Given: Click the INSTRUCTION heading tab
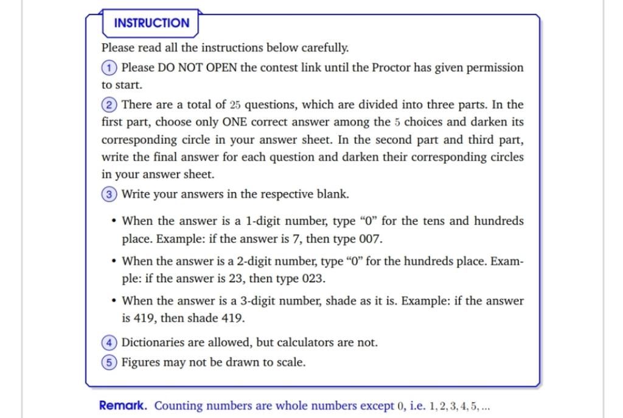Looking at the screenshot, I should pyautogui.click(x=151, y=23).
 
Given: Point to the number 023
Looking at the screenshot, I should pyautogui.click(x=313, y=279).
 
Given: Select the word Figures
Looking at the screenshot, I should pyautogui.click(x=141, y=363).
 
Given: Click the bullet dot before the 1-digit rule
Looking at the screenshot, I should pyautogui.click(x=113, y=221).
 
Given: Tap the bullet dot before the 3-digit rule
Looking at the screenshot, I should pyautogui.click(x=113, y=301).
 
